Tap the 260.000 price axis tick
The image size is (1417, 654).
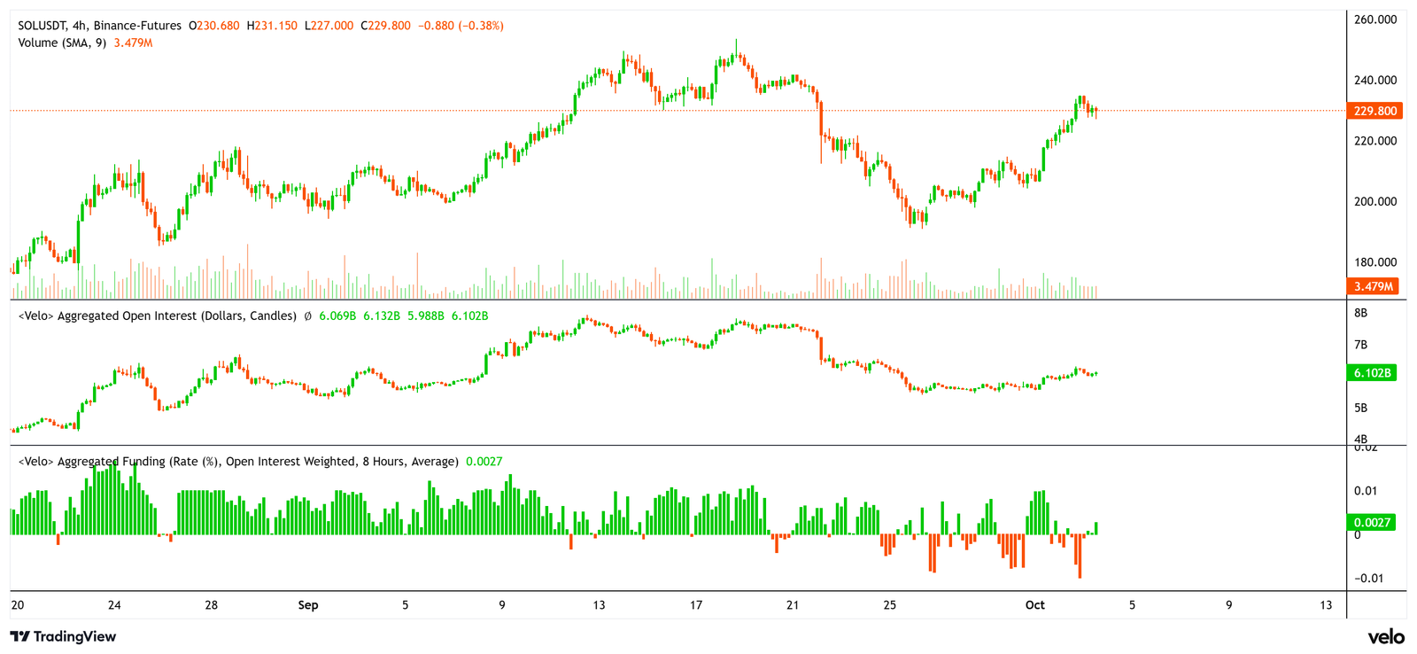tap(1375, 19)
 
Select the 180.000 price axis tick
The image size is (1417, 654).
tap(1375, 262)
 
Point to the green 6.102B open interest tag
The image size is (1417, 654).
tap(1372, 373)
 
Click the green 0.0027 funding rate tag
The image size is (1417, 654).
tap(1372, 523)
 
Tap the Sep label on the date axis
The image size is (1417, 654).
tap(308, 605)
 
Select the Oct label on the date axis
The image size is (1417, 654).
tap(1034, 605)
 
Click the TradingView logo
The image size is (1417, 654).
tap(63, 636)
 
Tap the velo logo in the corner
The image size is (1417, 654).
tap(1386, 636)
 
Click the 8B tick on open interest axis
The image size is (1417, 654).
tap(1361, 313)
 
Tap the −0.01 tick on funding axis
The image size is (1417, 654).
tap(1368, 579)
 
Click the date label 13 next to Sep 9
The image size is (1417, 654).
tap(600, 605)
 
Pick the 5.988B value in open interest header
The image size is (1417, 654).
tap(425, 316)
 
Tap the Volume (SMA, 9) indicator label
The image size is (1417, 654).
tap(62, 43)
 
